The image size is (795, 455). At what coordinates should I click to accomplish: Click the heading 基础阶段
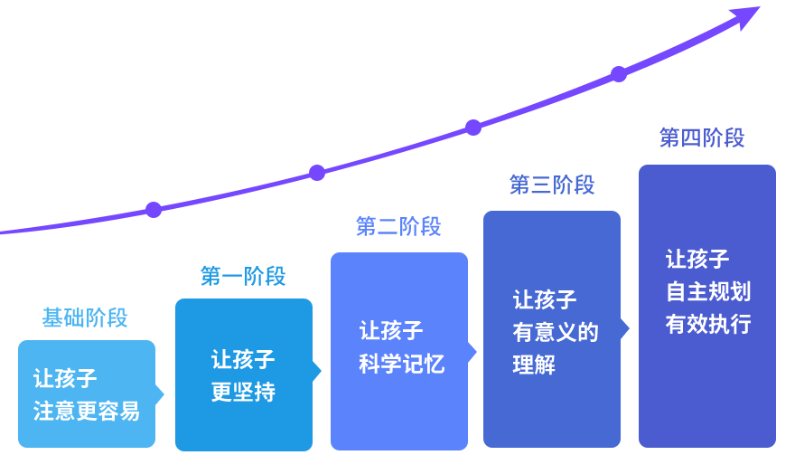click(85, 318)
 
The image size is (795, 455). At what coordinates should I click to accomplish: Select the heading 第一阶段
click(243, 276)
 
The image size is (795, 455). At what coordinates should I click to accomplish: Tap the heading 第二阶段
click(398, 226)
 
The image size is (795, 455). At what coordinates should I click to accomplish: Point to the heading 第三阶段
click(552, 185)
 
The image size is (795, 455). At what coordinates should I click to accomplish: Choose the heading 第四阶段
click(702, 137)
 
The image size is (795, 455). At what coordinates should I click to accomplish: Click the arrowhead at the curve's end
click(747, 15)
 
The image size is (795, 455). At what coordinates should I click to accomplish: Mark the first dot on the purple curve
click(154, 210)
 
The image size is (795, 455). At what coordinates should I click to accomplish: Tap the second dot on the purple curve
click(317, 173)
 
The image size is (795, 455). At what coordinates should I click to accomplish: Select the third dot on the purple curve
click(473, 128)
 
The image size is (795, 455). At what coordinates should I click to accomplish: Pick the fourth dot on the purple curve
click(619, 74)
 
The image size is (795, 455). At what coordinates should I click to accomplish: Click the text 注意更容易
click(87, 412)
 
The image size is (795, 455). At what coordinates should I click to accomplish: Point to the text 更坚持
click(243, 393)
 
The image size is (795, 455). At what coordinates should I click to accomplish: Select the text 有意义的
click(556, 332)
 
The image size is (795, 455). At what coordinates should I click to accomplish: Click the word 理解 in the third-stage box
click(534, 365)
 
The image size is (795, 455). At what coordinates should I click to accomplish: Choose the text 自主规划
click(708, 291)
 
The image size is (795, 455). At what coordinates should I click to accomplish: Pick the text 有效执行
click(708, 324)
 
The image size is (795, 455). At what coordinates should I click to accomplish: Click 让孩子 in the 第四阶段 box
click(697, 259)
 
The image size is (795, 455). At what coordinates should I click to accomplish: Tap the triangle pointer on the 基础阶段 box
click(159, 394)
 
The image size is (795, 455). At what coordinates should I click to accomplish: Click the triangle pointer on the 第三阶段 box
click(624, 329)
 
